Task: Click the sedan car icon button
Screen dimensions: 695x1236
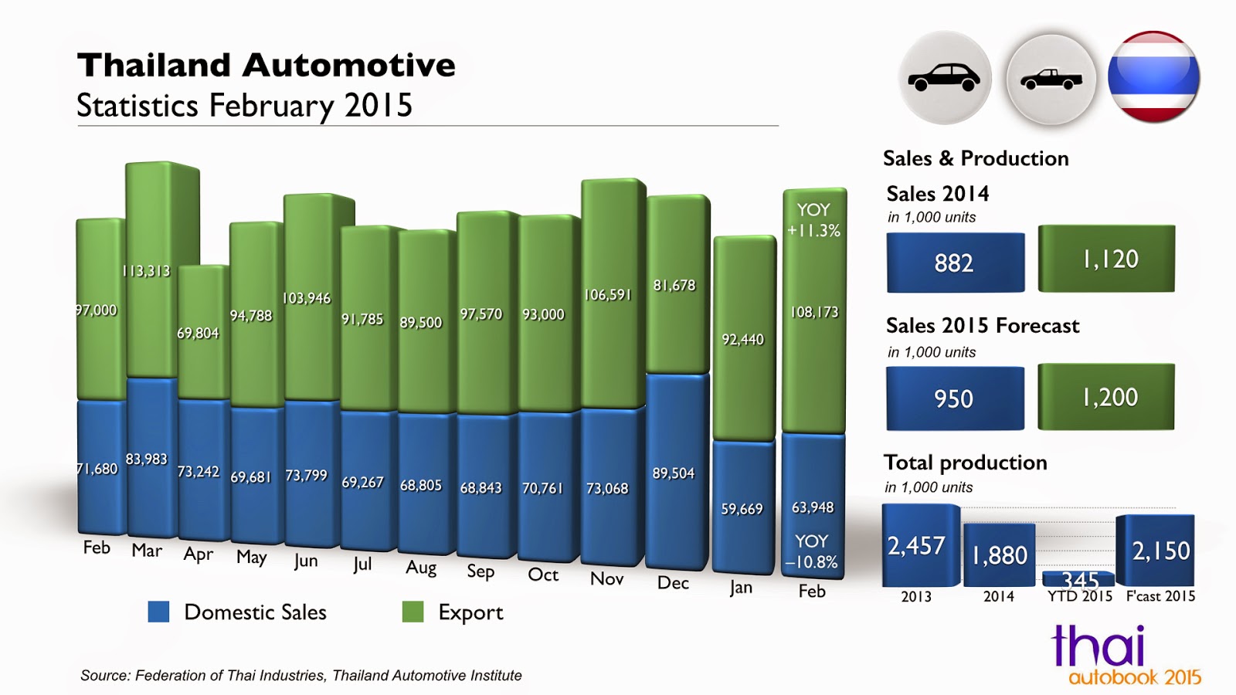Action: tap(944, 77)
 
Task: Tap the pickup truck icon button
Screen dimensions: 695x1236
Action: tap(1051, 79)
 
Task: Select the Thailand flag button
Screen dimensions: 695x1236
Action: tap(1153, 77)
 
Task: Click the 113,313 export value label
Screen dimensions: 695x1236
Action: tap(146, 271)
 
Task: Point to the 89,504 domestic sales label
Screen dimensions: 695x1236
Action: tap(674, 473)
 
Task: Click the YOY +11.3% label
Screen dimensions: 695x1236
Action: tap(813, 220)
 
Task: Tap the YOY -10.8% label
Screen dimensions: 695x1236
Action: tap(811, 551)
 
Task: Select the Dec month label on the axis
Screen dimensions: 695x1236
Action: tap(673, 583)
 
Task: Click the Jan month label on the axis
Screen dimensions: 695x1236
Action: tap(740, 588)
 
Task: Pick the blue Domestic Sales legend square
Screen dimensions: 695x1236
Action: tap(158, 612)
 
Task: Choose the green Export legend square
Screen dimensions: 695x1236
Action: tap(413, 612)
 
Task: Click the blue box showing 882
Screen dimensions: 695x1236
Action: tap(955, 263)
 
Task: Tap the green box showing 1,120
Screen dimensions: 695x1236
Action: tap(1106, 259)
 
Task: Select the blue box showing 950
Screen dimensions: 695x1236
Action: tap(955, 398)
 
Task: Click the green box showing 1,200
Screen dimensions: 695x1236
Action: tap(1106, 397)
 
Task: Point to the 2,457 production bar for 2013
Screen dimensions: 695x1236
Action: tap(918, 546)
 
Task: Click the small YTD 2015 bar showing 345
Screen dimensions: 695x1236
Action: tap(1078, 578)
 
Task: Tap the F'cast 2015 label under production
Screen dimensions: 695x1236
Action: tap(1160, 596)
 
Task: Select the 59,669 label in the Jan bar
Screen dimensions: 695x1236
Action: tap(742, 509)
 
